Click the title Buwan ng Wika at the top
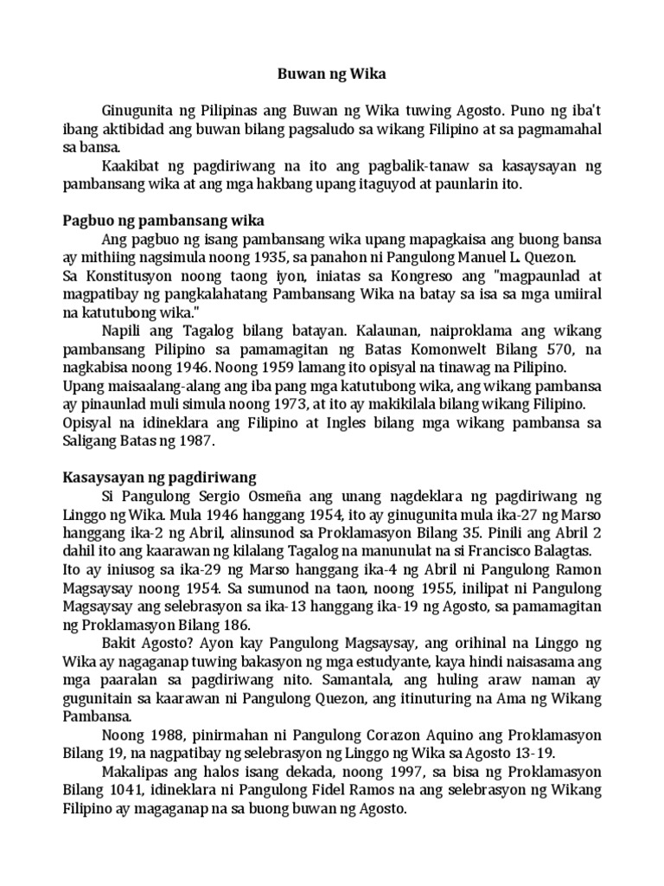point(331,74)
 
